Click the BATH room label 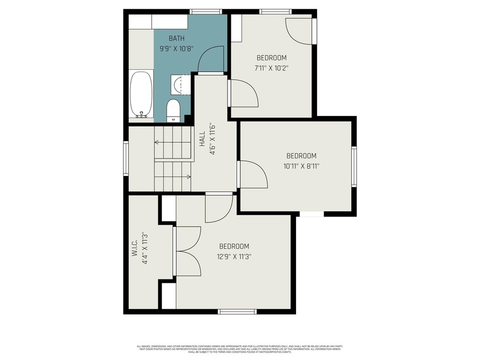click(x=177, y=39)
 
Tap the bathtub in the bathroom click(x=141, y=94)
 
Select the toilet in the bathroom click(x=173, y=110)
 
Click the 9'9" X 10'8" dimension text click(x=177, y=49)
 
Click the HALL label click(x=202, y=141)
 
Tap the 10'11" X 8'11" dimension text click(x=301, y=166)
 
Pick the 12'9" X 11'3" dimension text click(x=234, y=257)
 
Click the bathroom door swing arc click(x=210, y=59)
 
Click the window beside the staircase click(x=126, y=158)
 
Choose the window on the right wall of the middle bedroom click(x=354, y=166)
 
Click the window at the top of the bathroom click(x=206, y=11)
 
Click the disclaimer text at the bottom click(x=239, y=348)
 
